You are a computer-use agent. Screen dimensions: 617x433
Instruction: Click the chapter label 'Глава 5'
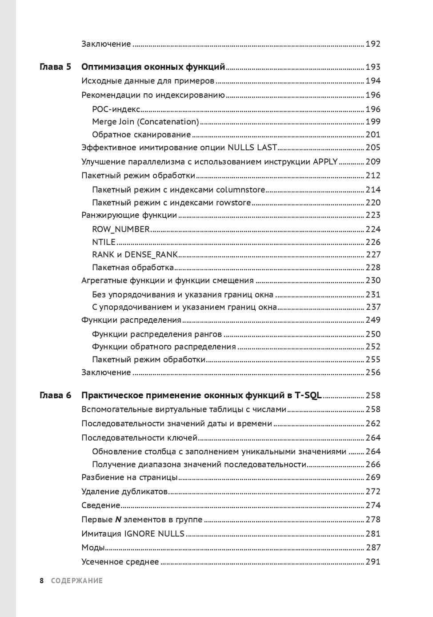[56, 68]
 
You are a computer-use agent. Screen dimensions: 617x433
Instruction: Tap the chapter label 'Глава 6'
[56, 395]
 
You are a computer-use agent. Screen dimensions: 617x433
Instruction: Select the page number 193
[373, 68]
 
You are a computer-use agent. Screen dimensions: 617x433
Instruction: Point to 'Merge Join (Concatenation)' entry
[145, 122]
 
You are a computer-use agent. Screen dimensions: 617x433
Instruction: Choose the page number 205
[373, 148]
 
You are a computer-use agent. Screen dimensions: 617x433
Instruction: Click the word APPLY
[325, 161]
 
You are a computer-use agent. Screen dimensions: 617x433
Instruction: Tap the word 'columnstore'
[241, 190]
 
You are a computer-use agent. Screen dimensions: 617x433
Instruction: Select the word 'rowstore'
[233, 203]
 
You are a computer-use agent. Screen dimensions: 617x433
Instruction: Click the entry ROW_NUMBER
[121, 229]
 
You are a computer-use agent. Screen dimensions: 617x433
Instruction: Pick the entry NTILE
[104, 242]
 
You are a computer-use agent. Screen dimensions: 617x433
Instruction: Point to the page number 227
[373, 255]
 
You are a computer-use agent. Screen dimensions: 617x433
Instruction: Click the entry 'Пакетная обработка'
[132, 268]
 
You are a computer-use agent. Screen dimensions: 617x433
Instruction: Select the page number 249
[373, 320]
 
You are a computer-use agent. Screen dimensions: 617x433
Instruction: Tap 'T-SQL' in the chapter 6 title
[307, 395]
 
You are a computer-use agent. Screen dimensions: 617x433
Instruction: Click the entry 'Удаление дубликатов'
[124, 492]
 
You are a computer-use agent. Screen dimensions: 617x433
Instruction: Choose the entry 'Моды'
[93, 548]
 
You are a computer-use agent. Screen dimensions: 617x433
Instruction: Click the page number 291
[373, 562]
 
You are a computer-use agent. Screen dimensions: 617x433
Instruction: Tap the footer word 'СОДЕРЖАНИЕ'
[76, 581]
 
